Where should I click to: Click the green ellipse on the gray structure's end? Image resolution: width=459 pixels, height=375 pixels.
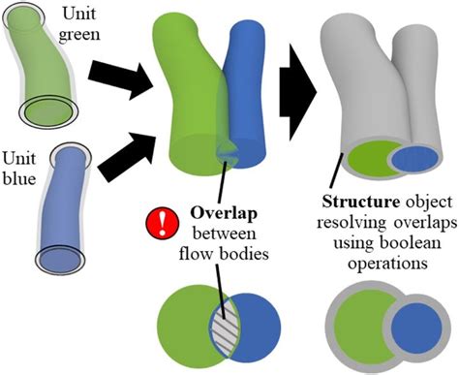(x=370, y=159)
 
